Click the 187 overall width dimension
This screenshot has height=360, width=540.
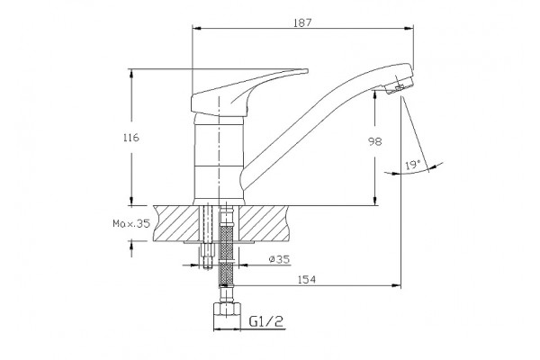pos(302,22)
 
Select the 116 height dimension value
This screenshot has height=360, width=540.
pos(131,138)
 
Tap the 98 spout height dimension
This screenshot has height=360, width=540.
pos(375,141)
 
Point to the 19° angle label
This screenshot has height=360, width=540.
pos(413,165)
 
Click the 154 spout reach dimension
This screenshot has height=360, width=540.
pos(307,279)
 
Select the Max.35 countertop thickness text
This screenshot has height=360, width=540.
pos(131,223)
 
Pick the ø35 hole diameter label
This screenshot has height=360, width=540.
pos(279,259)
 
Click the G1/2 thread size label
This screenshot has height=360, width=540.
pos(266,321)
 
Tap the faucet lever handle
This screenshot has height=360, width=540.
pos(249,93)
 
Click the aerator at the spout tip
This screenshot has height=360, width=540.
pos(399,85)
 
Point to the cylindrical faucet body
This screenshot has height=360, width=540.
pos(219,160)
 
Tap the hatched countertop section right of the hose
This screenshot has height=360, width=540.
pos(263,223)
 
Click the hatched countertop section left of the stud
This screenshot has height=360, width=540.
pos(176,223)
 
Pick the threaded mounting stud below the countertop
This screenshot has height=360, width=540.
pos(207,255)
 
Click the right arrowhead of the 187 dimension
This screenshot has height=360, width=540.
pos(409,29)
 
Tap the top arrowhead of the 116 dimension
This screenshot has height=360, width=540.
pos(131,74)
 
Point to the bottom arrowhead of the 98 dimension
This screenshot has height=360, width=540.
pos(375,202)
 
